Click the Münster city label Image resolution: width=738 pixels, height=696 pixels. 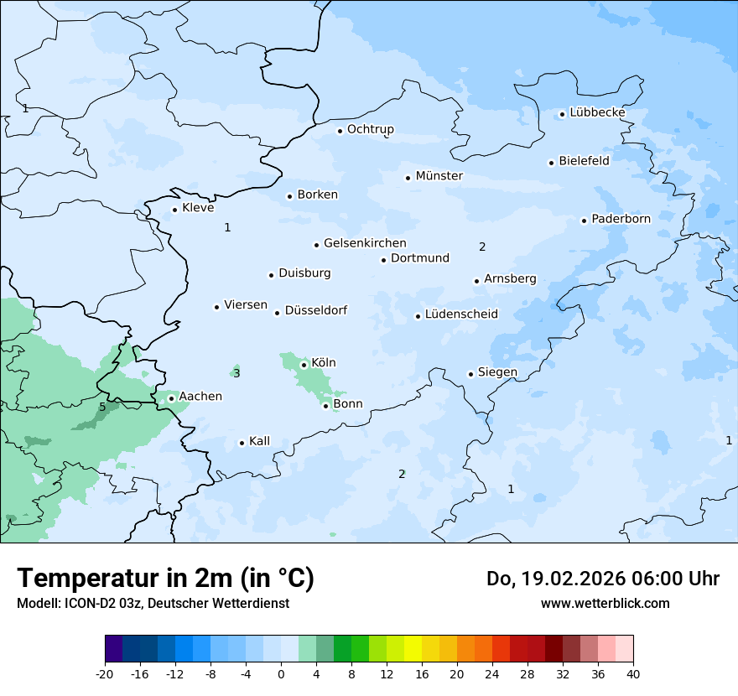[x=439, y=176]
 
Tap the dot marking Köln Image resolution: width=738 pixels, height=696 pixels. [x=304, y=365]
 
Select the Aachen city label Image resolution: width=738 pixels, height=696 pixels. [x=200, y=397]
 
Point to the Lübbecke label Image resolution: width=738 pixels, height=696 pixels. [x=597, y=112]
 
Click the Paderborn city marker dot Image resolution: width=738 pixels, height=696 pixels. [x=584, y=221]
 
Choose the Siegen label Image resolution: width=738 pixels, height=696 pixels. [x=497, y=372]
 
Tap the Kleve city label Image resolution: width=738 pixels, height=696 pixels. [x=198, y=208]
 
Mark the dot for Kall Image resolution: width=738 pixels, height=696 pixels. [x=242, y=443]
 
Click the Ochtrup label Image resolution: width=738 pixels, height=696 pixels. [x=371, y=129]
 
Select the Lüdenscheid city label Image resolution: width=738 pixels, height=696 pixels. [x=461, y=314]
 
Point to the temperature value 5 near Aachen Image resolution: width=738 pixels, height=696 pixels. [x=102, y=408]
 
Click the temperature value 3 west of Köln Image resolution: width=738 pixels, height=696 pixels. [x=236, y=373]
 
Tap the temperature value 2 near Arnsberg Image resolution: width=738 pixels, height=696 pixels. [x=482, y=247]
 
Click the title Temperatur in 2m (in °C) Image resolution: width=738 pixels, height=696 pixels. [x=165, y=578]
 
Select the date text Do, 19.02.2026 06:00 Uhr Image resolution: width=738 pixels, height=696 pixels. [x=602, y=579]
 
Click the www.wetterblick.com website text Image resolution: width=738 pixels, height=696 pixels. [x=605, y=603]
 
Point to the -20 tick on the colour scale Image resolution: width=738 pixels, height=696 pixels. [x=105, y=674]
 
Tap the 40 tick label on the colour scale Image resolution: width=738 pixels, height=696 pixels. [x=633, y=674]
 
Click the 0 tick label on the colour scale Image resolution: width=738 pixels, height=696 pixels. [x=281, y=674]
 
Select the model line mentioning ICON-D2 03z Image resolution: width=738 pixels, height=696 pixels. [x=153, y=603]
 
